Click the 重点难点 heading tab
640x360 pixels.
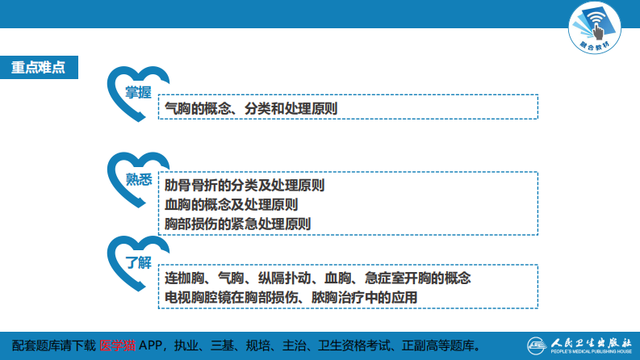[x=39, y=67]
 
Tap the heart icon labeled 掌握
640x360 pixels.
[x=138, y=94]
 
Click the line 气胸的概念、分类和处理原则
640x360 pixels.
[x=251, y=107]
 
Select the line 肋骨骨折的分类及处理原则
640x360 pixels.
[x=245, y=185]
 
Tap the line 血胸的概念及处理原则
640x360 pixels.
[x=231, y=204]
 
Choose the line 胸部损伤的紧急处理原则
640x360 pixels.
[x=237, y=224]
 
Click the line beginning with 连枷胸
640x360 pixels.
[x=317, y=278]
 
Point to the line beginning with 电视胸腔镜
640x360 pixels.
[x=291, y=297]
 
